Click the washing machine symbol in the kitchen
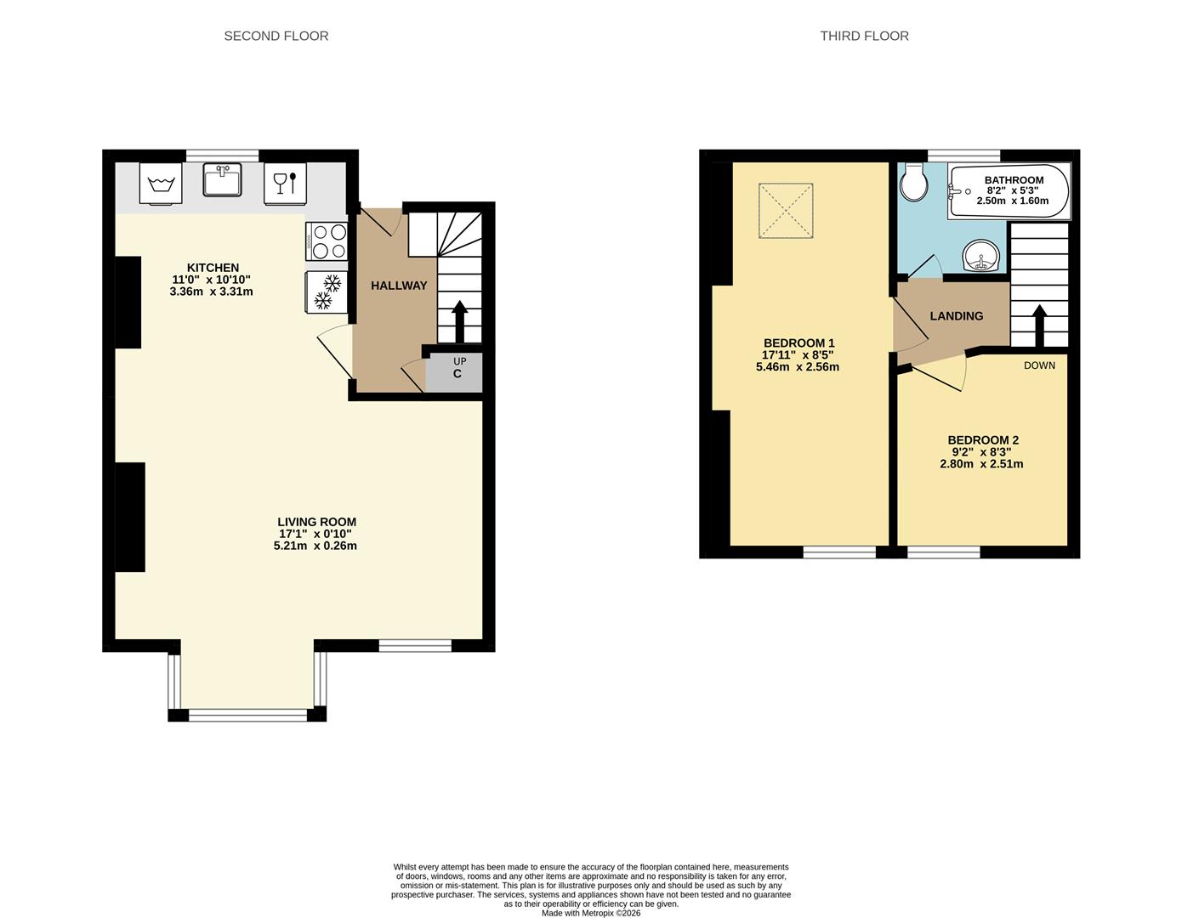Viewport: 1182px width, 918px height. [x=161, y=183]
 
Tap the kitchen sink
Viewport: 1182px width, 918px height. [x=223, y=179]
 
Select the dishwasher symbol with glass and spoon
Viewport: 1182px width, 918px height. [x=285, y=183]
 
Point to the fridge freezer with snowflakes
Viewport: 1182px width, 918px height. [x=327, y=292]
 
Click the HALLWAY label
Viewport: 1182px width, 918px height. [x=399, y=286]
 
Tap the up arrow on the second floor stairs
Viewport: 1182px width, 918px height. [x=460, y=321]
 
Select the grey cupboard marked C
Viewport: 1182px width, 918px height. [x=453, y=372]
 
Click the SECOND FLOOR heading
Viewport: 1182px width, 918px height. [x=276, y=36]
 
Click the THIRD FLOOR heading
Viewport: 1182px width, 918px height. [x=864, y=36]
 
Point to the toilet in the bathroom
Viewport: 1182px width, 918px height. [x=914, y=182]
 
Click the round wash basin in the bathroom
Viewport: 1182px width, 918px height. [x=981, y=256]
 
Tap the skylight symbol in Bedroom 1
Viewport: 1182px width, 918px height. [x=786, y=210]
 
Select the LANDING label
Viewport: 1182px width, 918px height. [x=957, y=316]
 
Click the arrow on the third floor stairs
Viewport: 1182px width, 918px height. [x=1039, y=326]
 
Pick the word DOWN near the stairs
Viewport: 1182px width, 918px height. [x=1039, y=365]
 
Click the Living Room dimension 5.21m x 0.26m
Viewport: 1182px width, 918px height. [x=315, y=546]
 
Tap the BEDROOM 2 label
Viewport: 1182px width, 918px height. [x=983, y=440]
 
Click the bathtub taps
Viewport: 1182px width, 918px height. [x=957, y=190]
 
